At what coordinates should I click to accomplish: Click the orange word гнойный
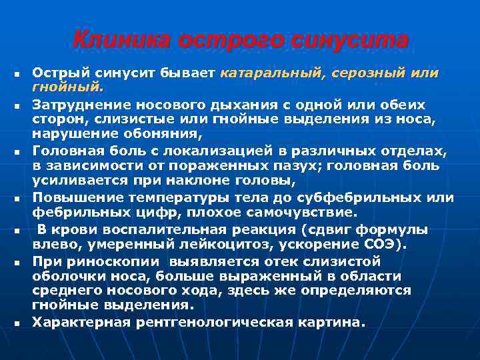pyautogui.click(x=67, y=87)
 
